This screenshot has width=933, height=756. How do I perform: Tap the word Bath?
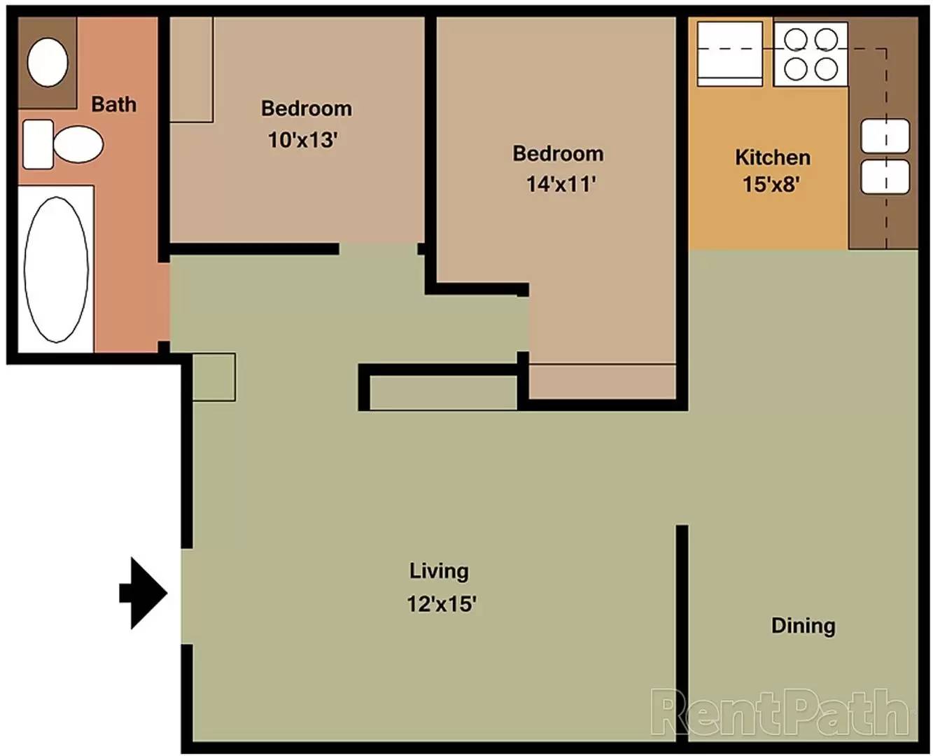pos(113,104)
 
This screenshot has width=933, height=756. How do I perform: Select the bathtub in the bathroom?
pos(56,269)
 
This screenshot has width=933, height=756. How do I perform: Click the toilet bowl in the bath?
pos(77,144)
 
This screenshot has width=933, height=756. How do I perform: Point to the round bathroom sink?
pos(48,62)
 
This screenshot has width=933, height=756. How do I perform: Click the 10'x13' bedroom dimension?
pos(302,139)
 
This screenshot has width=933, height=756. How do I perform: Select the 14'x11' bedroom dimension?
pos(561,184)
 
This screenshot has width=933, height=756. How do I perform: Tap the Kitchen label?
pos(772,157)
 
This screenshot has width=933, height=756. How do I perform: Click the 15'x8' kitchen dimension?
pos(771,184)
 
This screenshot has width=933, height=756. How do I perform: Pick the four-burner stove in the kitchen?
pos(811,54)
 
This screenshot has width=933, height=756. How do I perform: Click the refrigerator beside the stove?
pos(729,54)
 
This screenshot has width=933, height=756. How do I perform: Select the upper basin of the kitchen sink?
pos(885,135)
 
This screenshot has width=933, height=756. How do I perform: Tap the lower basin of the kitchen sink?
pos(885,176)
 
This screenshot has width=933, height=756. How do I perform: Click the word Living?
pos(439,571)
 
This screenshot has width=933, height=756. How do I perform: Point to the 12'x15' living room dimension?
pos(442,603)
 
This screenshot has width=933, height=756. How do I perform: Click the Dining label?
pos(803,625)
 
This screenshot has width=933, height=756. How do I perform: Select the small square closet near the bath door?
pos(213,377)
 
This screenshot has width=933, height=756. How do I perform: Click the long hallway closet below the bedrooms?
pos(442,393)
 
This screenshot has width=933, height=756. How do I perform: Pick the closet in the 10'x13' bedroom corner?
pos(191,69)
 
